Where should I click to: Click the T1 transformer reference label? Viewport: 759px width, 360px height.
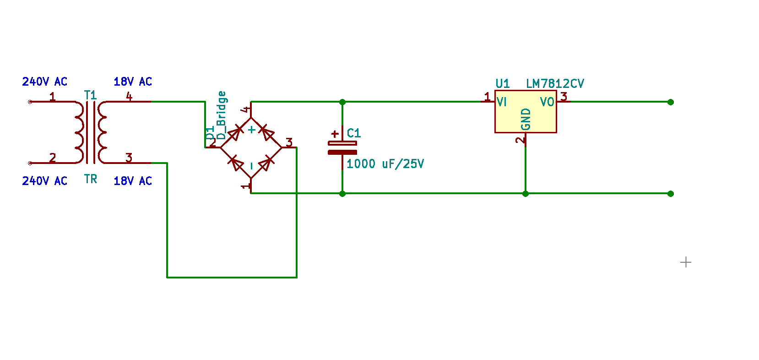point(91,95)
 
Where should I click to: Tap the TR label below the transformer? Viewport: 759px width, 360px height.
point(91,179)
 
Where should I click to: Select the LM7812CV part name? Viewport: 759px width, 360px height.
point(555,83)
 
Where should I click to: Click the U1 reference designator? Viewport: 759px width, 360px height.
point(503,83)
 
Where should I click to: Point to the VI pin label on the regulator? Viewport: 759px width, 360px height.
point(502,102)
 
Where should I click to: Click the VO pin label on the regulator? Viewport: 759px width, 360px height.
point(547,102)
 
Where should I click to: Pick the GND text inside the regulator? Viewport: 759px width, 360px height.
point(526,120)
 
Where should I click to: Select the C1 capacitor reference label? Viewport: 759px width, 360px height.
point(354,133)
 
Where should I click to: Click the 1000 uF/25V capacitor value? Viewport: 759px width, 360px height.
point(385,164)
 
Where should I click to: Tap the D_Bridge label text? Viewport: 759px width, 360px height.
point(221,115)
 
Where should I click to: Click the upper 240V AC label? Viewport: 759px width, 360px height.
point(45,82)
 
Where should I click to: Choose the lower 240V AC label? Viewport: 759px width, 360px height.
point(45,180)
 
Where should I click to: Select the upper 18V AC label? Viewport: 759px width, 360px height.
point(133,82)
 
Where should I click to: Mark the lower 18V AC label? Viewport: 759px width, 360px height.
point(133,180)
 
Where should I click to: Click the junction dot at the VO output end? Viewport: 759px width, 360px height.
point(671,102)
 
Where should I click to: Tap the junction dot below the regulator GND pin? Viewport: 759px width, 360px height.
point(526,194)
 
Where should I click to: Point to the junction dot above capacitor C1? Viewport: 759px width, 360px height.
point(342,102)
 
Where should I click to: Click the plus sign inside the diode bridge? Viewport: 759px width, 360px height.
point(251,130)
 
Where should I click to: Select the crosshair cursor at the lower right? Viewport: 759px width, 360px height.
point(686,262)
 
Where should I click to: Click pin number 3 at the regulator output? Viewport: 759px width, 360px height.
point(564,97)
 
